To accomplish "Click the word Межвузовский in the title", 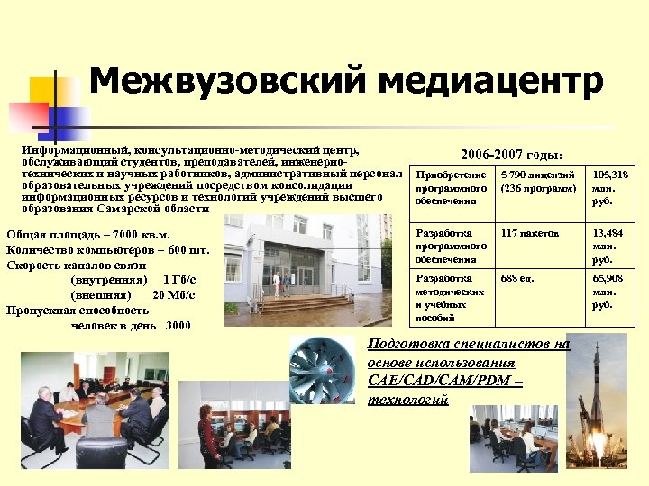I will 229,81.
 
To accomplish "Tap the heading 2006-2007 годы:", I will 511,155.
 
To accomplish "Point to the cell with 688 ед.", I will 517,278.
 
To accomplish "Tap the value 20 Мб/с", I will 174,294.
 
